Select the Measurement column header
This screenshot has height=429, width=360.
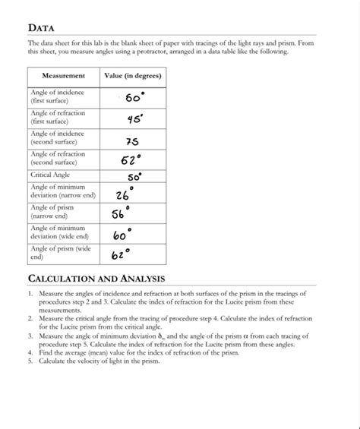pos(63,76)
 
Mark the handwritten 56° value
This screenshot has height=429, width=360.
pos(122,213)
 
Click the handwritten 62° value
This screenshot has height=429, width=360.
pos(122,253)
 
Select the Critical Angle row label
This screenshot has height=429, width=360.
pos(50,175)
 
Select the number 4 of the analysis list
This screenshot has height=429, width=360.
pos(30,352)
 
